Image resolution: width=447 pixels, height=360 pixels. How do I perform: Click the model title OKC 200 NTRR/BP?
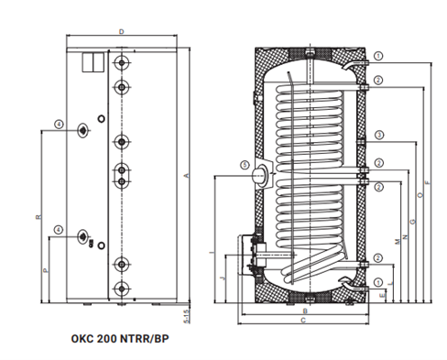point(120,339)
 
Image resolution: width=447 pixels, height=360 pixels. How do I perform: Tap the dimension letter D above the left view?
point(122,32)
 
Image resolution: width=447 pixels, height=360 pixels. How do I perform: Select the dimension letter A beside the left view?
point(187,176)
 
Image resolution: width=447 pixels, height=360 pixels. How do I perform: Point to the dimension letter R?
point(38,217)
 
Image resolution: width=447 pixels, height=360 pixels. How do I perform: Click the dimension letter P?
point(46,270)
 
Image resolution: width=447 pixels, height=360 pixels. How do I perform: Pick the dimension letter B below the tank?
point(305,311)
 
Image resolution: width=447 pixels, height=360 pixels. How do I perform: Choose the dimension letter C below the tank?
point(303,321)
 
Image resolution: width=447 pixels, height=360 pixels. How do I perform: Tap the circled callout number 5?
point(245,165)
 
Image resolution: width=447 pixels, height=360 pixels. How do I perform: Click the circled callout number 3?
point(379,135)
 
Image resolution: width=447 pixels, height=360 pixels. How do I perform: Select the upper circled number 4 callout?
point(59,125)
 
